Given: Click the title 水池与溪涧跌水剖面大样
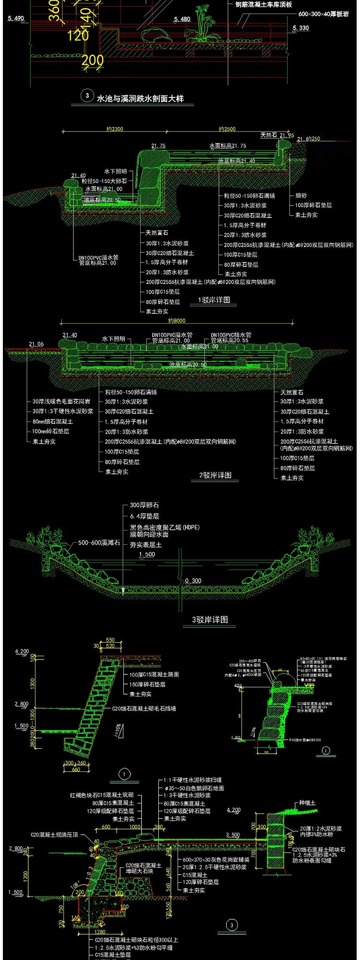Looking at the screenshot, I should [140, 99].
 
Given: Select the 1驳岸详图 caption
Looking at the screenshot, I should [214, 300].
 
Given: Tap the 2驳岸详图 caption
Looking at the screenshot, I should [216, 475].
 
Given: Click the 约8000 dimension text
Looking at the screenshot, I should [177, 321].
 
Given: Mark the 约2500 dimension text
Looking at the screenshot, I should [227, 129].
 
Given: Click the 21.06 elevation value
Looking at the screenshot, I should [36, 344].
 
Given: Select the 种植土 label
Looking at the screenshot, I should [308, 802].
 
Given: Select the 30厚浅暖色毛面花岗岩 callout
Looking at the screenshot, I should [63, 402].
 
